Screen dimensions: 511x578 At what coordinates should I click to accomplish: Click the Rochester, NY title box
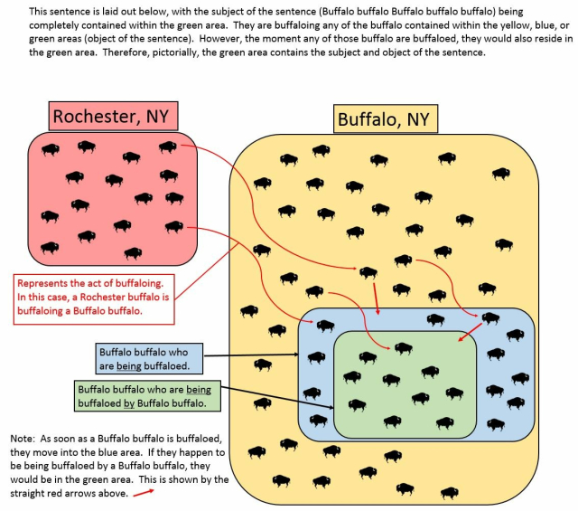tap(113, 115)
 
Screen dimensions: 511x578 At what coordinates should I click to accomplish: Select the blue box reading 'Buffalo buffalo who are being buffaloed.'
tap(149, 358)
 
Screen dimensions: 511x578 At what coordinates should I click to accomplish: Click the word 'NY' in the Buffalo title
tap(419, 119)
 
